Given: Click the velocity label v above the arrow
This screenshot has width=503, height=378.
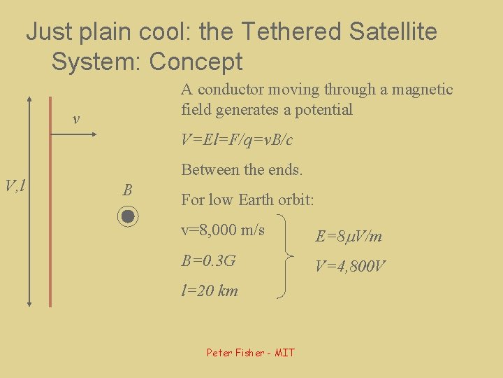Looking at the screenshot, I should tap(76, 120).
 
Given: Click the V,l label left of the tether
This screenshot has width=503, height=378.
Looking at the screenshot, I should tap(15, 185).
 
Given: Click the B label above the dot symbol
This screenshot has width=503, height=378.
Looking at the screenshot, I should tap(126, 190).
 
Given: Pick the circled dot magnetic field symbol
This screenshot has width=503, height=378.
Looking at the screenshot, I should tap(127, 216).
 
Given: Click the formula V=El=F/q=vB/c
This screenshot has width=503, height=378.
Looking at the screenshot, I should tap(237, 140).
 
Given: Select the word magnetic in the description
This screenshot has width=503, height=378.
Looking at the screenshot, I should tap(421, 90).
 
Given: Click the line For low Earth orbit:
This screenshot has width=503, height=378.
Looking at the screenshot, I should tap(247, 199).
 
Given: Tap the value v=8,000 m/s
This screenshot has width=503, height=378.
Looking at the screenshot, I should tap(223, 230).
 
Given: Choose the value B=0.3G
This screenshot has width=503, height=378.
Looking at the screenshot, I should tap(208, 261).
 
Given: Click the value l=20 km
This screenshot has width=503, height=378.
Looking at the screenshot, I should tap(210, 290).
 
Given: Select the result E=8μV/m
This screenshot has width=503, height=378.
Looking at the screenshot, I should tap(349, 236).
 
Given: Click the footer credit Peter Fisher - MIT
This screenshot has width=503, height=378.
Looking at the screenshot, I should tap(251, 352).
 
